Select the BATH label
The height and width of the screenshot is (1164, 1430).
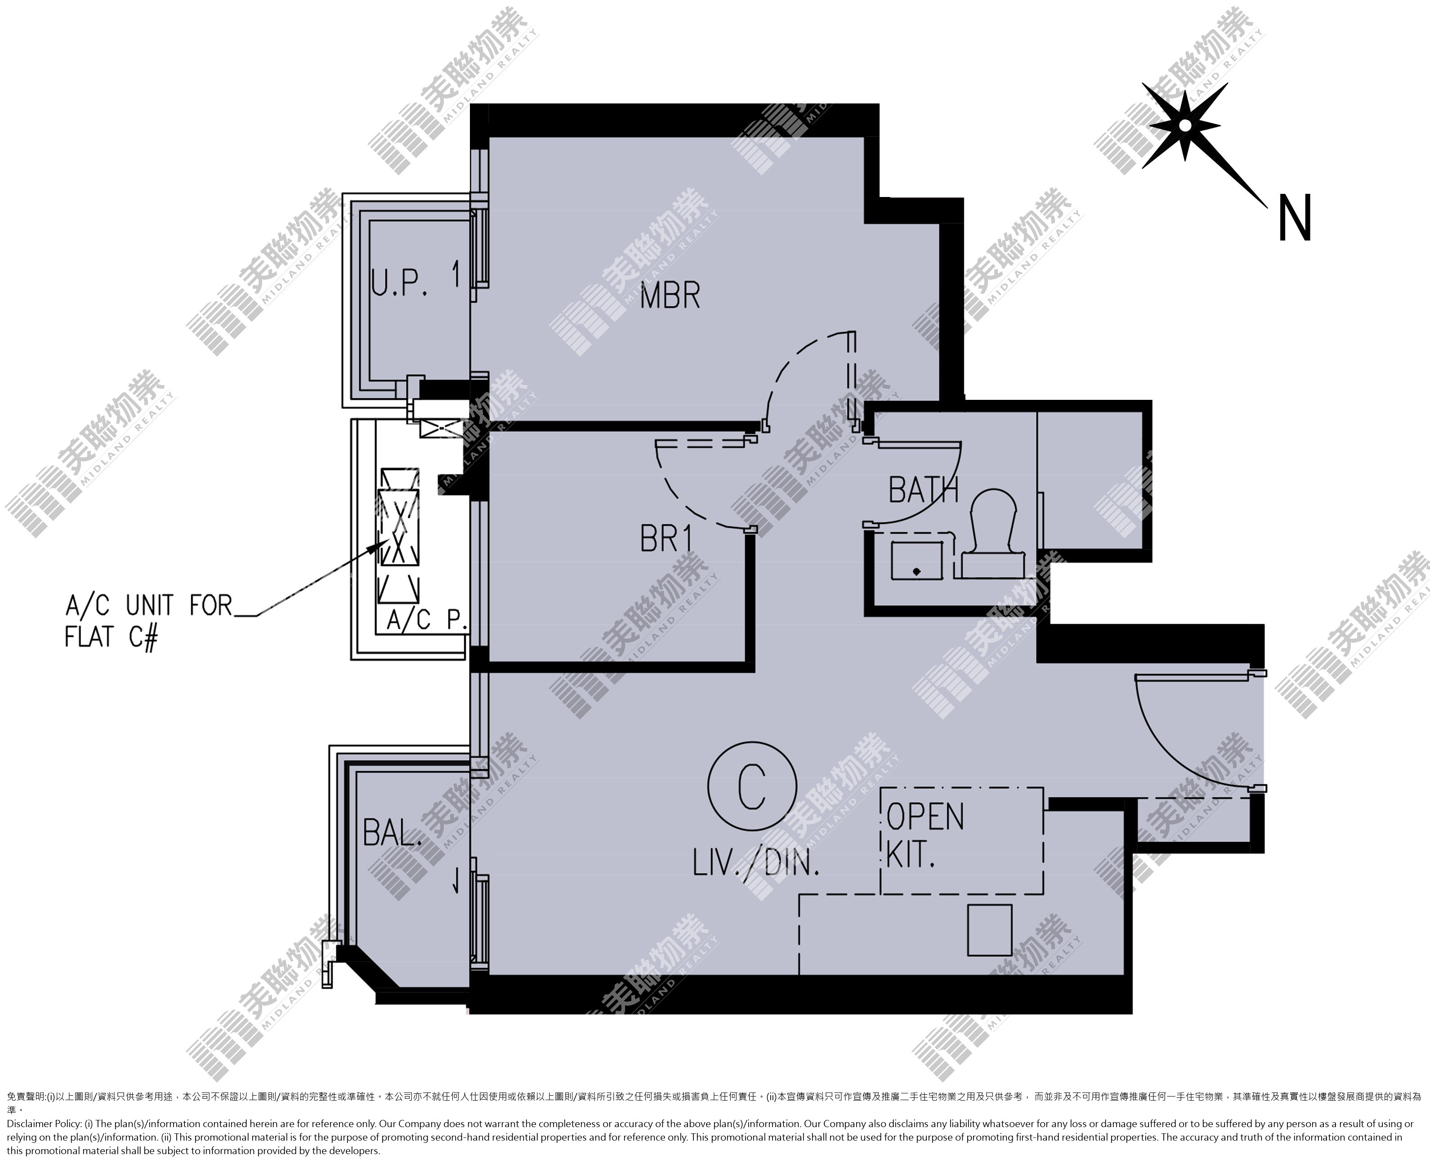tap(923, 490)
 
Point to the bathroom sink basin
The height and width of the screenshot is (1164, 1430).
tap(916, 560)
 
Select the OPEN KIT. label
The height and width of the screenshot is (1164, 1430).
tap(925, 835)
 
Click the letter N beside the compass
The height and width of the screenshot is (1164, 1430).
tap(1295, 218)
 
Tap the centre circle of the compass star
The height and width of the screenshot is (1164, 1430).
tap(1185, 125)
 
